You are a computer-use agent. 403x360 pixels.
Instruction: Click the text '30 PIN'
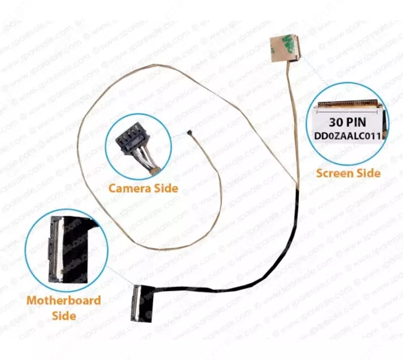pyautogui.click(x=348, y=122)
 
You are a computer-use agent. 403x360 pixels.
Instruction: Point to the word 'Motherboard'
pyautogui.click(x=63, y=301)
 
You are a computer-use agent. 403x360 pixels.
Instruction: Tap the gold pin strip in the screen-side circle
pyautogui.click(x=348, y=104)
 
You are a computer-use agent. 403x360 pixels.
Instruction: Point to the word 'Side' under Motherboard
pyautogui.click(x=64, y=316)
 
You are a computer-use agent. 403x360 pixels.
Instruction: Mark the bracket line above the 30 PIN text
pyautogui.click(x=348, y=112)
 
